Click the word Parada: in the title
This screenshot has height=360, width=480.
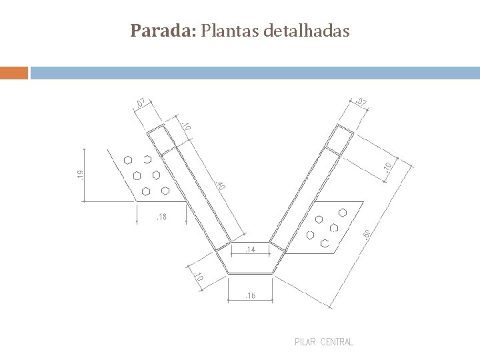(163, 31)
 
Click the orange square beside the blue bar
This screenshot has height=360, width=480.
(14, 72)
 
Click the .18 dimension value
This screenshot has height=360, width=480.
(161, 217)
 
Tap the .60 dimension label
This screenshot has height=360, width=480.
(367, 235)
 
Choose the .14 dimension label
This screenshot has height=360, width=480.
(250, 249)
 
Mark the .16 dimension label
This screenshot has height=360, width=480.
(250, 295)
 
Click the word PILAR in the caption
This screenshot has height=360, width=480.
(305, 342)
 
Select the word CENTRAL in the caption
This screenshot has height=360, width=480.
(337, 342)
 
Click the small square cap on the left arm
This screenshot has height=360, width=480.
(159, 139)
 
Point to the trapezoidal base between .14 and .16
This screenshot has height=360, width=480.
(250, 262)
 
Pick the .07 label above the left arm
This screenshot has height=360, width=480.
(139, 102)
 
